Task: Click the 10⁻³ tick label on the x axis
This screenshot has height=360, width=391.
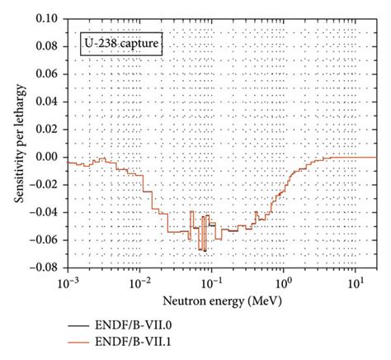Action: tap(68, 282)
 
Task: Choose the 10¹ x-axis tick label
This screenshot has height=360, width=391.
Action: tap(354, 282)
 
